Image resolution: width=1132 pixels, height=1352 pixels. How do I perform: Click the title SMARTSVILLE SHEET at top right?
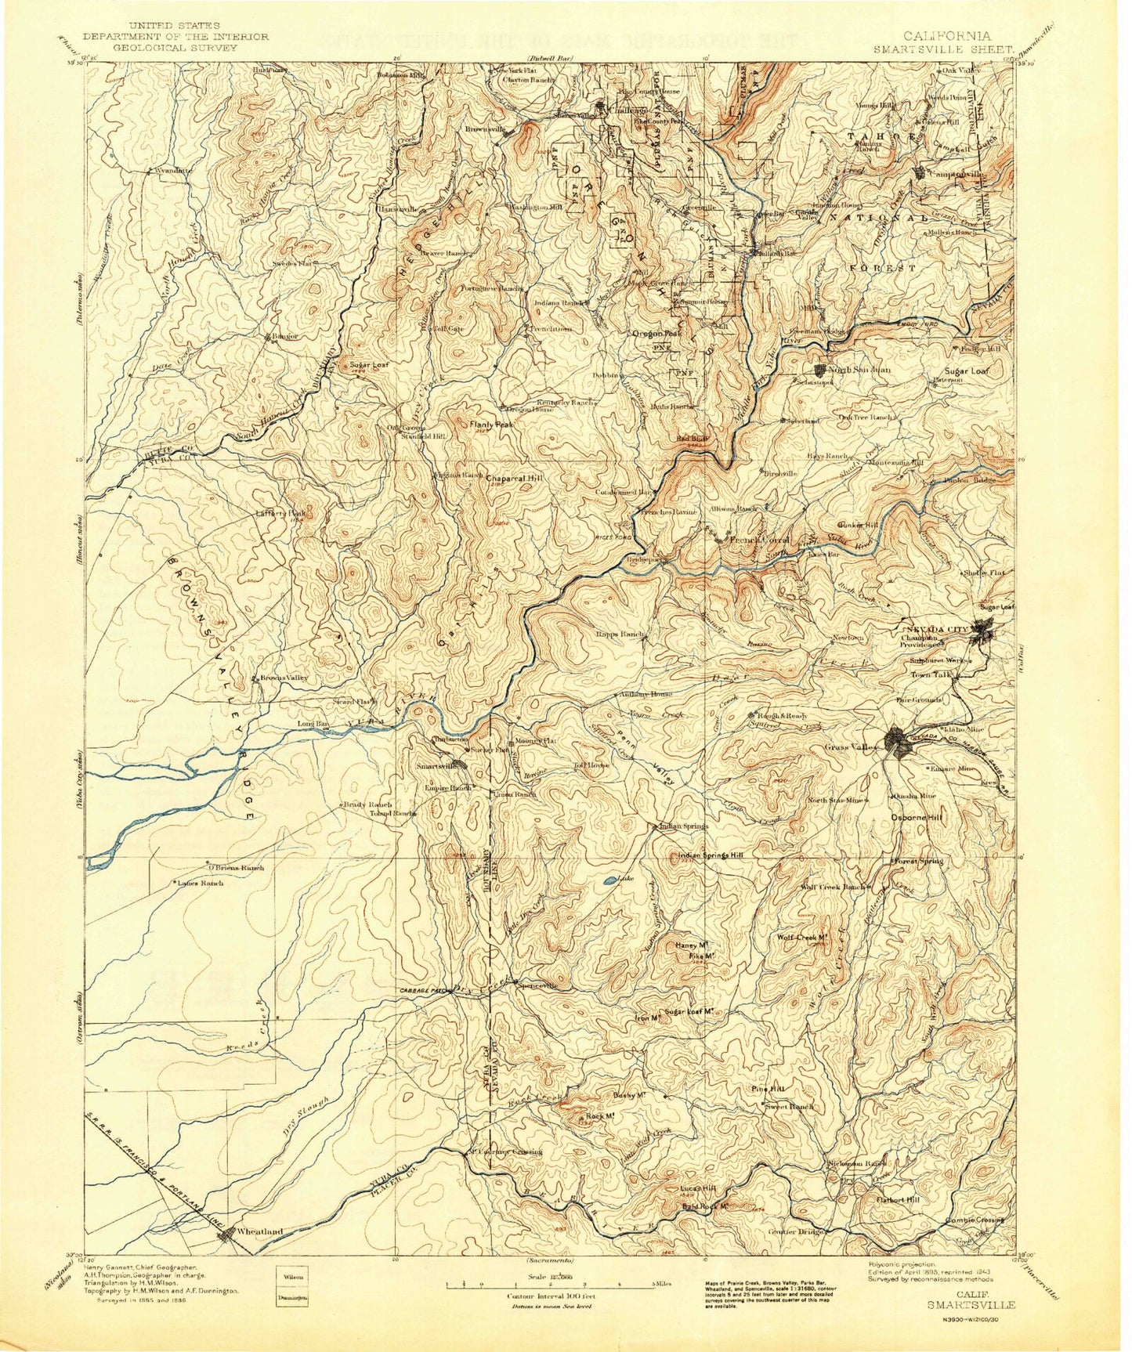click(x=947, y=47)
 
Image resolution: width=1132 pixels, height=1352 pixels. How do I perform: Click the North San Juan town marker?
click(x=821, y=369)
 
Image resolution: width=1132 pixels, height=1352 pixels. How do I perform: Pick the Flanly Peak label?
click(x=491, y=425)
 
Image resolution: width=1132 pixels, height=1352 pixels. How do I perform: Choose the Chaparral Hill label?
click(x=513, y=477)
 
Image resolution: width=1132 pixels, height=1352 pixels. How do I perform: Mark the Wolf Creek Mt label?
click(x=802, y=938)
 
